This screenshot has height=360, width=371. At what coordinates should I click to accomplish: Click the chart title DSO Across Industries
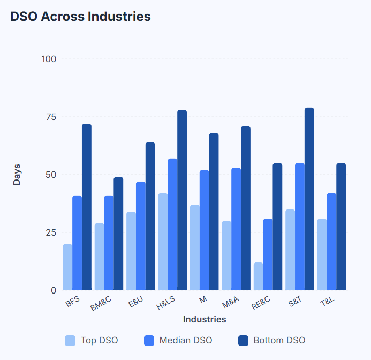[x=80, y=17]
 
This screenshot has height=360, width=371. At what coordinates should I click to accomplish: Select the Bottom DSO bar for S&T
[x=309, y=199]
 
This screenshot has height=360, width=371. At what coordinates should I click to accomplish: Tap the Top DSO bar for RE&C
[x=259, y=276]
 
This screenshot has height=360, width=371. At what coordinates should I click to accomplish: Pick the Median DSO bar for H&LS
[x=172, y=224]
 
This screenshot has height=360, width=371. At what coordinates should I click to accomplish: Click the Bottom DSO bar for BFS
[x=87, y=207]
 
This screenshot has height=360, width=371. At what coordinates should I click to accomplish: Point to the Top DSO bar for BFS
[x=67, y=267]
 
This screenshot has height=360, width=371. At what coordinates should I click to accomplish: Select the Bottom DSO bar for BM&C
[x=118, y=234]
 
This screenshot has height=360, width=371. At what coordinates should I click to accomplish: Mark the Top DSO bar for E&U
[x=131, y=251]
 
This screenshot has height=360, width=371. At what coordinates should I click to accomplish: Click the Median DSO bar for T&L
[x=331, y=242]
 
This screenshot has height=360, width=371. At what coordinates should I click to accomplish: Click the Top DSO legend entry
[x=92, y=340]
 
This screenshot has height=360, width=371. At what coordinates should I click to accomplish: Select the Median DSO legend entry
[x=178, y=340]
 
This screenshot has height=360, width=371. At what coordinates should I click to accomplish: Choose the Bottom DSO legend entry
[x=272, y=340]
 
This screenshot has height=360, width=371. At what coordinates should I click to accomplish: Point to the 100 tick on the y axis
[x=49, y=59]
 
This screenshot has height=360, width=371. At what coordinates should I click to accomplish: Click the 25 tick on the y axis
[x=51, y=232]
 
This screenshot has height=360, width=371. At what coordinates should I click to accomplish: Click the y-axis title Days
[x=17, y=175]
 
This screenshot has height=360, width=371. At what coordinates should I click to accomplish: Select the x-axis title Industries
[x=205, y=320]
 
